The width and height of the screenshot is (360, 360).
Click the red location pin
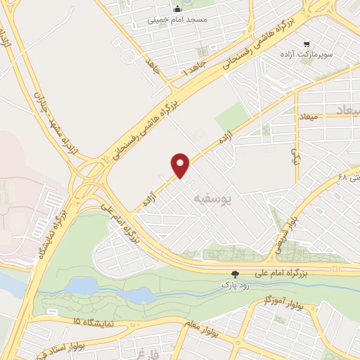click(181, 165)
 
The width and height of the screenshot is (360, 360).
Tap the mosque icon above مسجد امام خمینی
click(177, 9)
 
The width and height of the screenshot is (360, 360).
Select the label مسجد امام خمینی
click(177, 20)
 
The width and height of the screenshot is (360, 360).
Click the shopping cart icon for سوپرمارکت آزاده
click(307, 44)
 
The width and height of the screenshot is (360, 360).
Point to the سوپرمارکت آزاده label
click(328, 54)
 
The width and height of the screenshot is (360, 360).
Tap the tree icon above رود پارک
click(236, 274)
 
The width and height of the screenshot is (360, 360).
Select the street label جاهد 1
click(191, 72)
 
